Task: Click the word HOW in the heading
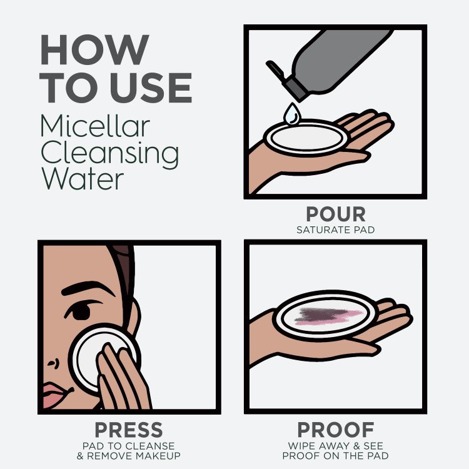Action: (94, 49)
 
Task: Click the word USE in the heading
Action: (151, 88)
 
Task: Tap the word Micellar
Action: (95, 126)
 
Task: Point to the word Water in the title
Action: (83, 178)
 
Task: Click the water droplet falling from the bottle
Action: (292, 114)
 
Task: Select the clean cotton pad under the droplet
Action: (306, 138)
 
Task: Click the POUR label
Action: (336, 214)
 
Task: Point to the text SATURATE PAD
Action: (336, 229)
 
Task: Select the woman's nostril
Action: (53, 363)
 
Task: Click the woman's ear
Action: (133, 317)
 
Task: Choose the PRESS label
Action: (129, 430)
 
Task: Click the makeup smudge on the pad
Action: (329, 316)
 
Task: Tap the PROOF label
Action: (336, 430)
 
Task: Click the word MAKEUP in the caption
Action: (158, 456)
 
